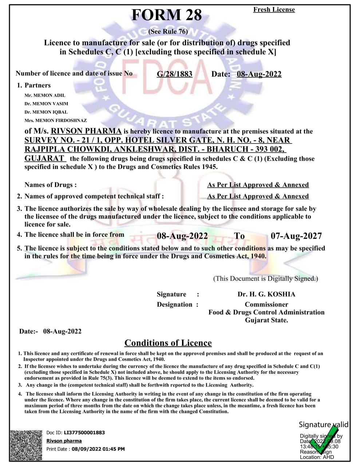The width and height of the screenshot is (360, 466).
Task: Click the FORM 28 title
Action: click(x=166, y=15)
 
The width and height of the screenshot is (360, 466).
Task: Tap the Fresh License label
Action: click(x=274, y=10)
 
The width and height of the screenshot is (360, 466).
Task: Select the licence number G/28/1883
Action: click(x=174, y=74)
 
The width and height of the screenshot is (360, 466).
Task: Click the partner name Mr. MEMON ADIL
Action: click(x=45, y=95)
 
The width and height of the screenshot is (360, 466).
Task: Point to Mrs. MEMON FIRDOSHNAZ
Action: click(x=56, y=120)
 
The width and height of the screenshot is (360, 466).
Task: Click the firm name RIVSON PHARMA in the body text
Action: click(x=86, y=131)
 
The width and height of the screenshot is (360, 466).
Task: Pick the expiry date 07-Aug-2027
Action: click(x=296, y=236)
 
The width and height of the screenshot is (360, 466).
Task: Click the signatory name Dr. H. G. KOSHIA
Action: click(x=266, y=294)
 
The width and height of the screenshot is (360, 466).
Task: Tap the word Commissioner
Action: click(x=266, y=305)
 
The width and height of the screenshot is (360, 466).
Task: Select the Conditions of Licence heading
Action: click(x=168, y=343)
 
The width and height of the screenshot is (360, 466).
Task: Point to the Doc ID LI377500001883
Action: click(x=84, y=433)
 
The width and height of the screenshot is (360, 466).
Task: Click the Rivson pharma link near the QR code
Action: click(x=64, y=441)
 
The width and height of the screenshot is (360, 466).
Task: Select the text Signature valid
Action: click(x=323, y=424)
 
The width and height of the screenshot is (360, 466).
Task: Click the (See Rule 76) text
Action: click(x=168, y=32)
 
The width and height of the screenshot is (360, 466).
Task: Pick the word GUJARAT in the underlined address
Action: click(x=44, y=158)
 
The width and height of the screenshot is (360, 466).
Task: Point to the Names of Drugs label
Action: click(x=50, y=185)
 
